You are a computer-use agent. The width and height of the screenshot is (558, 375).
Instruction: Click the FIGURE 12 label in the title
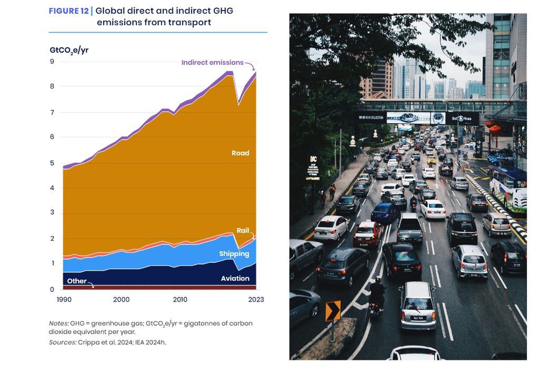click(68, 11)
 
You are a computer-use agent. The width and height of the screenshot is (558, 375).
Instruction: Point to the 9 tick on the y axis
click(52, 62)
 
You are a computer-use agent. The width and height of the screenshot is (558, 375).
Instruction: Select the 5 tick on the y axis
click(52, 163)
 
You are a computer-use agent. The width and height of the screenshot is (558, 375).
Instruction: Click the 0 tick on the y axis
click(52, 290)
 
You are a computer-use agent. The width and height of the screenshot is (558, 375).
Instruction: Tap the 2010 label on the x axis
click(180, 300)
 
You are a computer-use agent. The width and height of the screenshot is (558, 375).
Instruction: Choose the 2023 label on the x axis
click(256, 300)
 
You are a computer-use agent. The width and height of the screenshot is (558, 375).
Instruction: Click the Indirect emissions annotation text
click(212, 63)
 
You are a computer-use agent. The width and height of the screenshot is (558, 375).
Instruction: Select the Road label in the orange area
click(240, 153)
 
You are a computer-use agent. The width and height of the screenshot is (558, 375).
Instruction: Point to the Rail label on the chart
click(243, 231)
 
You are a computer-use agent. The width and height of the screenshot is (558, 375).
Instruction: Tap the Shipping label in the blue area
click(234, 254)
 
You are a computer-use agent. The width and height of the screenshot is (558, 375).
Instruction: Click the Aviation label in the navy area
click(235, 278)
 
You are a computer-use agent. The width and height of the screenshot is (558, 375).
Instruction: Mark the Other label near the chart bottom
click(77, 281)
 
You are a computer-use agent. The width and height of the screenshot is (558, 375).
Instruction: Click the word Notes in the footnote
click(58, 323)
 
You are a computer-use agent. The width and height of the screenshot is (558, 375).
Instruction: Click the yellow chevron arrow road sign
click(333, 311)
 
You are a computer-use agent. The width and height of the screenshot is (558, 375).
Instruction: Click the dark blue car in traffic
click(384, 212)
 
